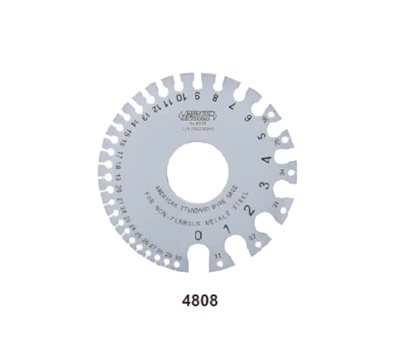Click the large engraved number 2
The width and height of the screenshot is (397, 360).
click(x=251, y=210)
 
